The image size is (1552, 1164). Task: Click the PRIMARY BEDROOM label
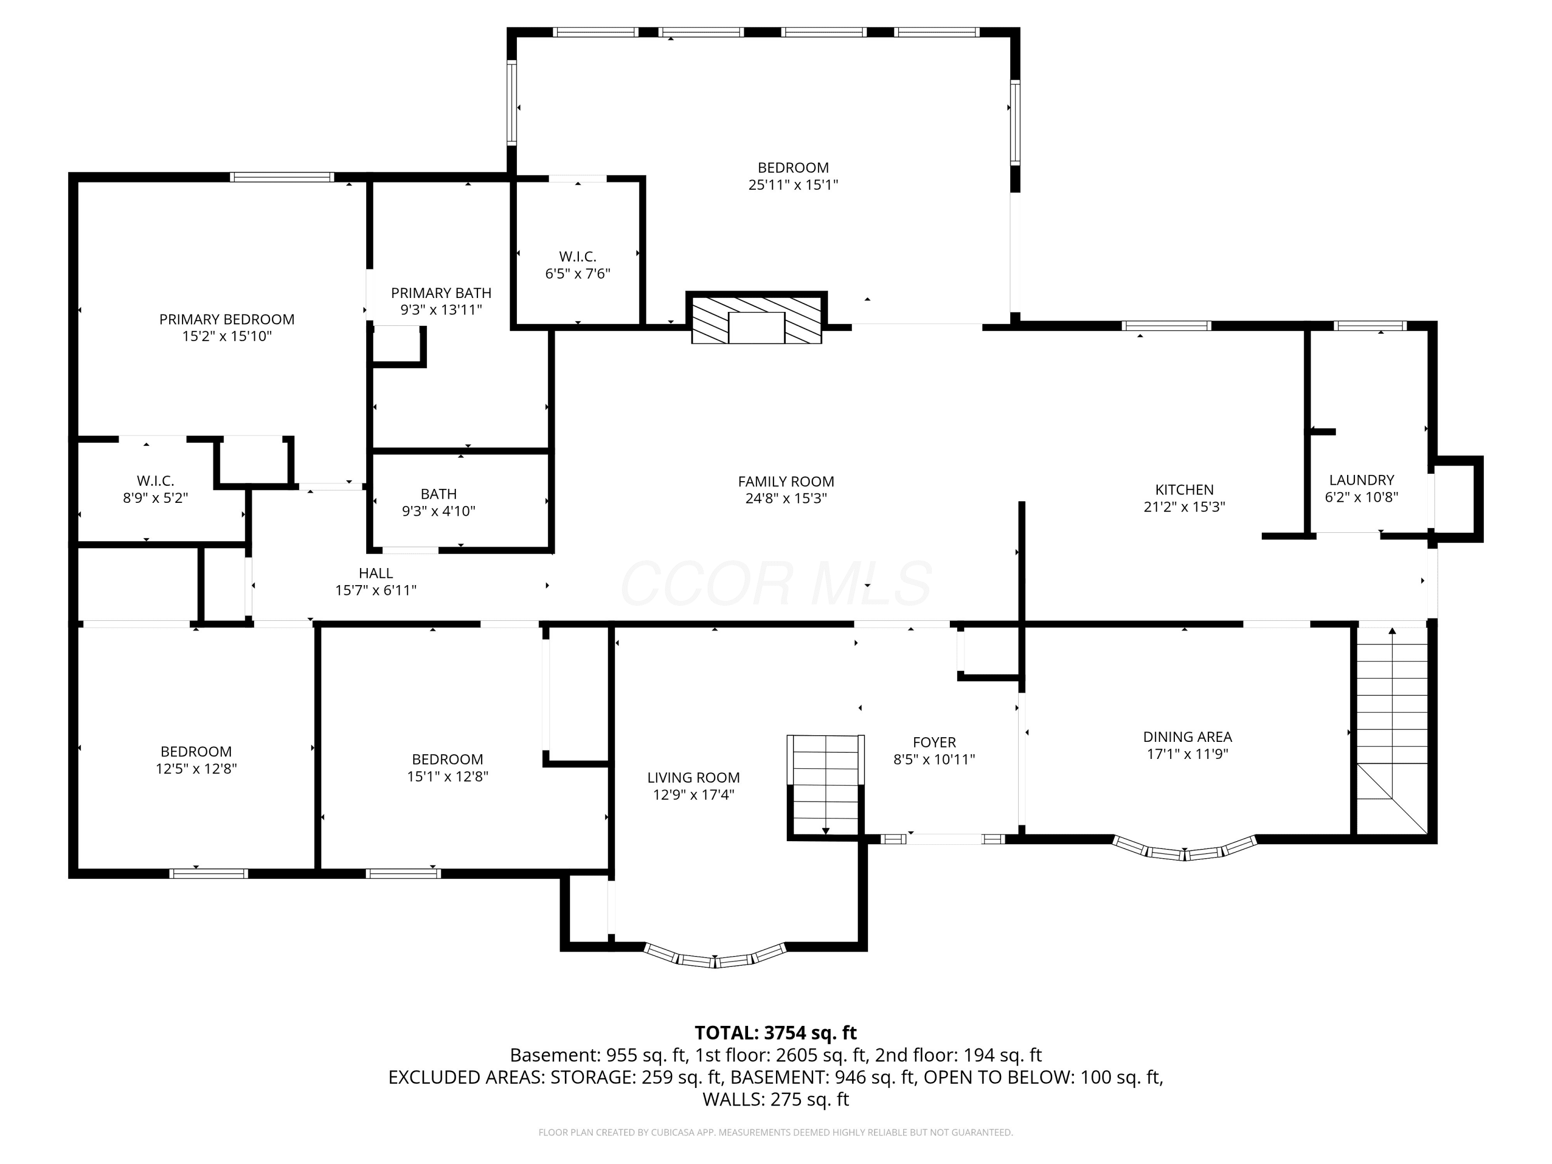pos(227,319)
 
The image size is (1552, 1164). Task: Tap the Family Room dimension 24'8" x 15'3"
pos(786,499)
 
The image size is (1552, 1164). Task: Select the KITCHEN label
pos(1184,490)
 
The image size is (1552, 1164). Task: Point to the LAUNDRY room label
pos(1361,480)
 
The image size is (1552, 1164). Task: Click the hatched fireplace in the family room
pos(756,319)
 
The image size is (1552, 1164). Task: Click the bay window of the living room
pos(715,956)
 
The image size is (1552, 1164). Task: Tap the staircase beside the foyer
pos(826,786)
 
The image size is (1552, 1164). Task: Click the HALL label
pos(376,573)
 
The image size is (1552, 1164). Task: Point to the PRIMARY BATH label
pos(441,293)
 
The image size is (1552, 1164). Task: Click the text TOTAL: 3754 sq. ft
pos(775,1033)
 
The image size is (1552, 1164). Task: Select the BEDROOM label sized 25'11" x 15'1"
pos(793,168)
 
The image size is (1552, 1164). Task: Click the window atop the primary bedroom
pos(282,177)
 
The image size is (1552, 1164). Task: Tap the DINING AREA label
pos(1187,737)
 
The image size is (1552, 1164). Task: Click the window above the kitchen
pos(1166,325)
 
